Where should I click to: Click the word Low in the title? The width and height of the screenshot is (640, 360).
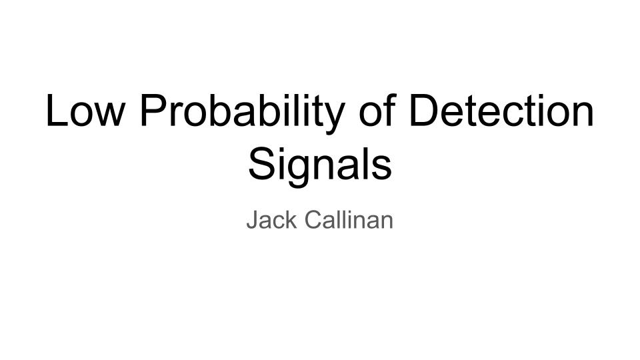click(85, 110)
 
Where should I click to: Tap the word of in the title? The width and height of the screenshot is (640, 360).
click(377, 110)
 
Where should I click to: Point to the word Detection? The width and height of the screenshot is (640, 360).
click(501, 110)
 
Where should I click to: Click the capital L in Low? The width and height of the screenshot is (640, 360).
click(56, 110)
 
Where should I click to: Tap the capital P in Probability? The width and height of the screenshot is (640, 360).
click(153, 110)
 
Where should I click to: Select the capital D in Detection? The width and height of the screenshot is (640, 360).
click(423, 110)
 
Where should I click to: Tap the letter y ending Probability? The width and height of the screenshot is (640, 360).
click(334, 119)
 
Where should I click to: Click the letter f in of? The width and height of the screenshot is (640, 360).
click(391, 110)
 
